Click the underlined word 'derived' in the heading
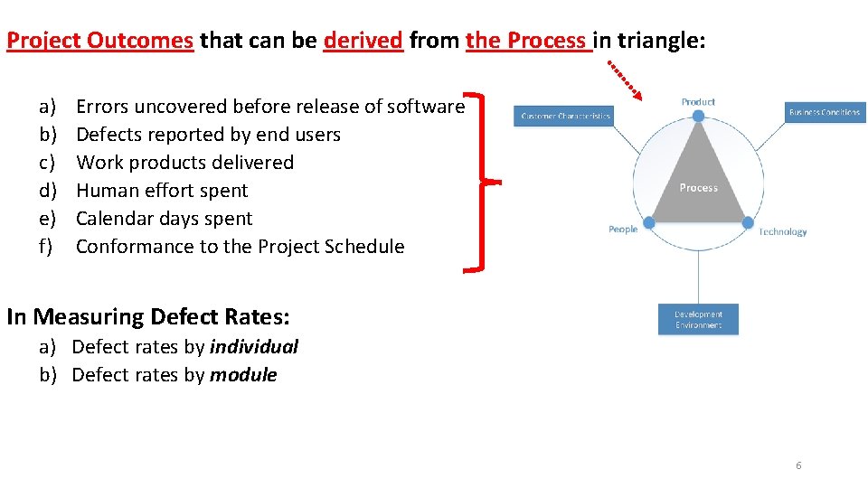[363, 41]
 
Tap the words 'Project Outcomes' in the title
[99, 41]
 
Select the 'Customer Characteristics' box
[565, 117]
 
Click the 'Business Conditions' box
[824, 112]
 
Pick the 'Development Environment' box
[698, 320]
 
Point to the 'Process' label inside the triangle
[698, 187]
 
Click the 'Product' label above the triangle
[698, 102]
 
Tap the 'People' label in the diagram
[623, 230]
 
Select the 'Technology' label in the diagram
[782, 232]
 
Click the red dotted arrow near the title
[625, 80]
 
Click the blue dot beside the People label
[648, 222]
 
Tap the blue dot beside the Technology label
[748, 222]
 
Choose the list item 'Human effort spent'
[162, 191]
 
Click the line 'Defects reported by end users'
[208, 135]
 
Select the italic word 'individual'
[253, 347]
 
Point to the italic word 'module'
[243, 375]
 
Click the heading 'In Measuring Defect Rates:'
[148, 317]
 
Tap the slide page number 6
[798, 465]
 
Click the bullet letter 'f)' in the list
[46, 247]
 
